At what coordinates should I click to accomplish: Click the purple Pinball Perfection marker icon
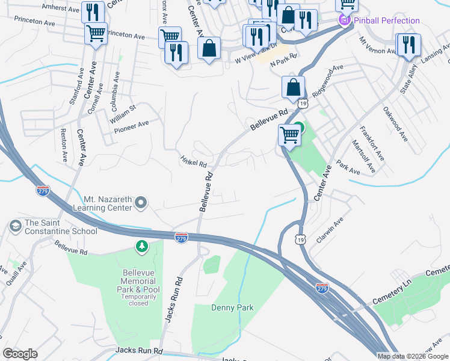tap(345, 21)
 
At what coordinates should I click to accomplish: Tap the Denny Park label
tap(232, 307)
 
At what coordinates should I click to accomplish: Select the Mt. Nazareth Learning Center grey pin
tap(141, 202)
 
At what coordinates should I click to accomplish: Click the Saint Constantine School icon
tap(15, 226)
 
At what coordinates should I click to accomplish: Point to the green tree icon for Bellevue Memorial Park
tap(141, 246)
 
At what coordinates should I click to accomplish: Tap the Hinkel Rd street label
tap(193, 161)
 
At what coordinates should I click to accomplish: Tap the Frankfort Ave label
tap(371, 143)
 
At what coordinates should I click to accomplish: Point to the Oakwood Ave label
tap(395, 124)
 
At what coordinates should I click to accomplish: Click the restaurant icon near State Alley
tap(408, 45)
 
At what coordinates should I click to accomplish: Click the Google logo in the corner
tap(20, 353)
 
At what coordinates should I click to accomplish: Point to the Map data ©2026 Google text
tap(413, 356)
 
